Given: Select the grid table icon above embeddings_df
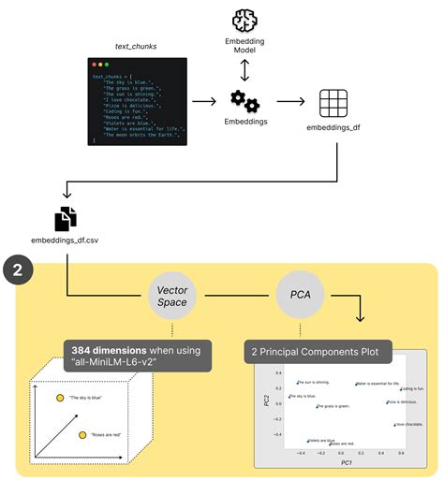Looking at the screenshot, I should [x=333, y=102].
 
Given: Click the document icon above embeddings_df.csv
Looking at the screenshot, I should [x=65, y=219].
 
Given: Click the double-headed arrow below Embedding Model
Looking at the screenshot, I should [x=244, y=69].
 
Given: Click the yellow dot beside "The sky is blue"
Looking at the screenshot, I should [x=60, y=398].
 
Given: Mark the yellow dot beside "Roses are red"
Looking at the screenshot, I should [x=82, y=435].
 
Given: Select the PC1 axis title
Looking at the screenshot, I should [x=347, y=462].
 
